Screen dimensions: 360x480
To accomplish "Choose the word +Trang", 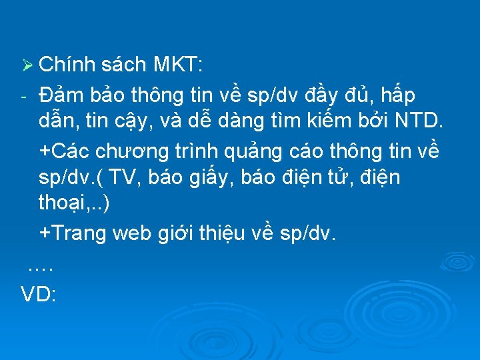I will (73, 233).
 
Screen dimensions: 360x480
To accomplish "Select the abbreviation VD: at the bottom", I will (38, 294).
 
